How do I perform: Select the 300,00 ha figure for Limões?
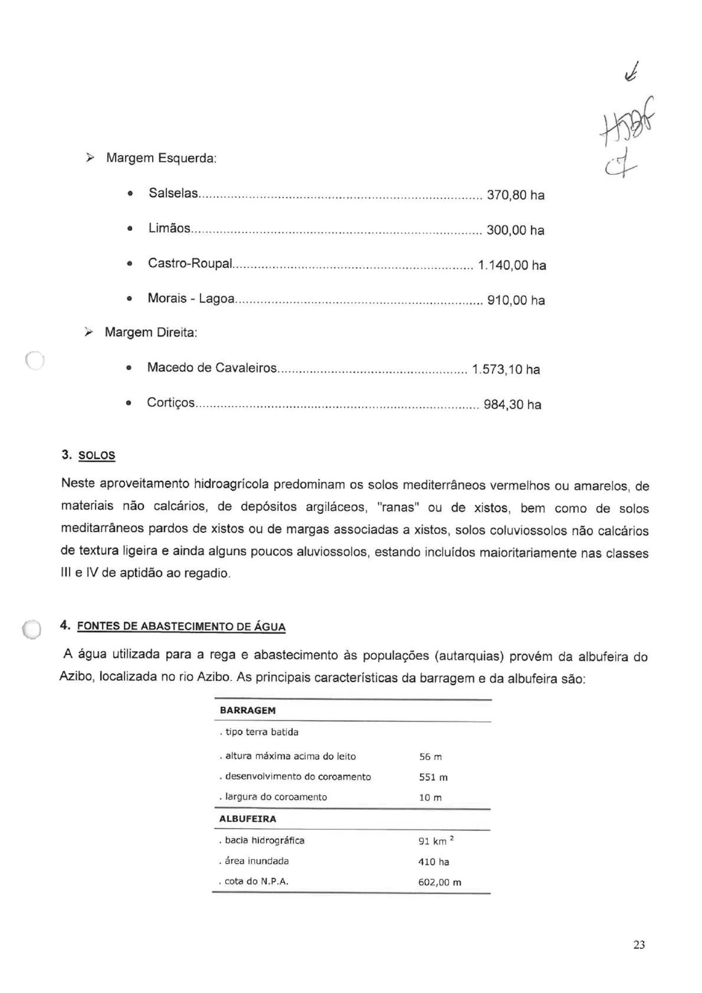point(515,230)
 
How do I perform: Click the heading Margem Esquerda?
point(161,158)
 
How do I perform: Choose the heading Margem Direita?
point(151,333)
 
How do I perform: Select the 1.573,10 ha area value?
point(506,370)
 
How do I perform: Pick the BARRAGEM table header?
point(247,711)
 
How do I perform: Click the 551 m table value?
point(433,777)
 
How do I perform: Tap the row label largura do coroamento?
point(276,797)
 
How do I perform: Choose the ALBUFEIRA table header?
point(247,819)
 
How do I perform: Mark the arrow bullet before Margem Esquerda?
point(89,158)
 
